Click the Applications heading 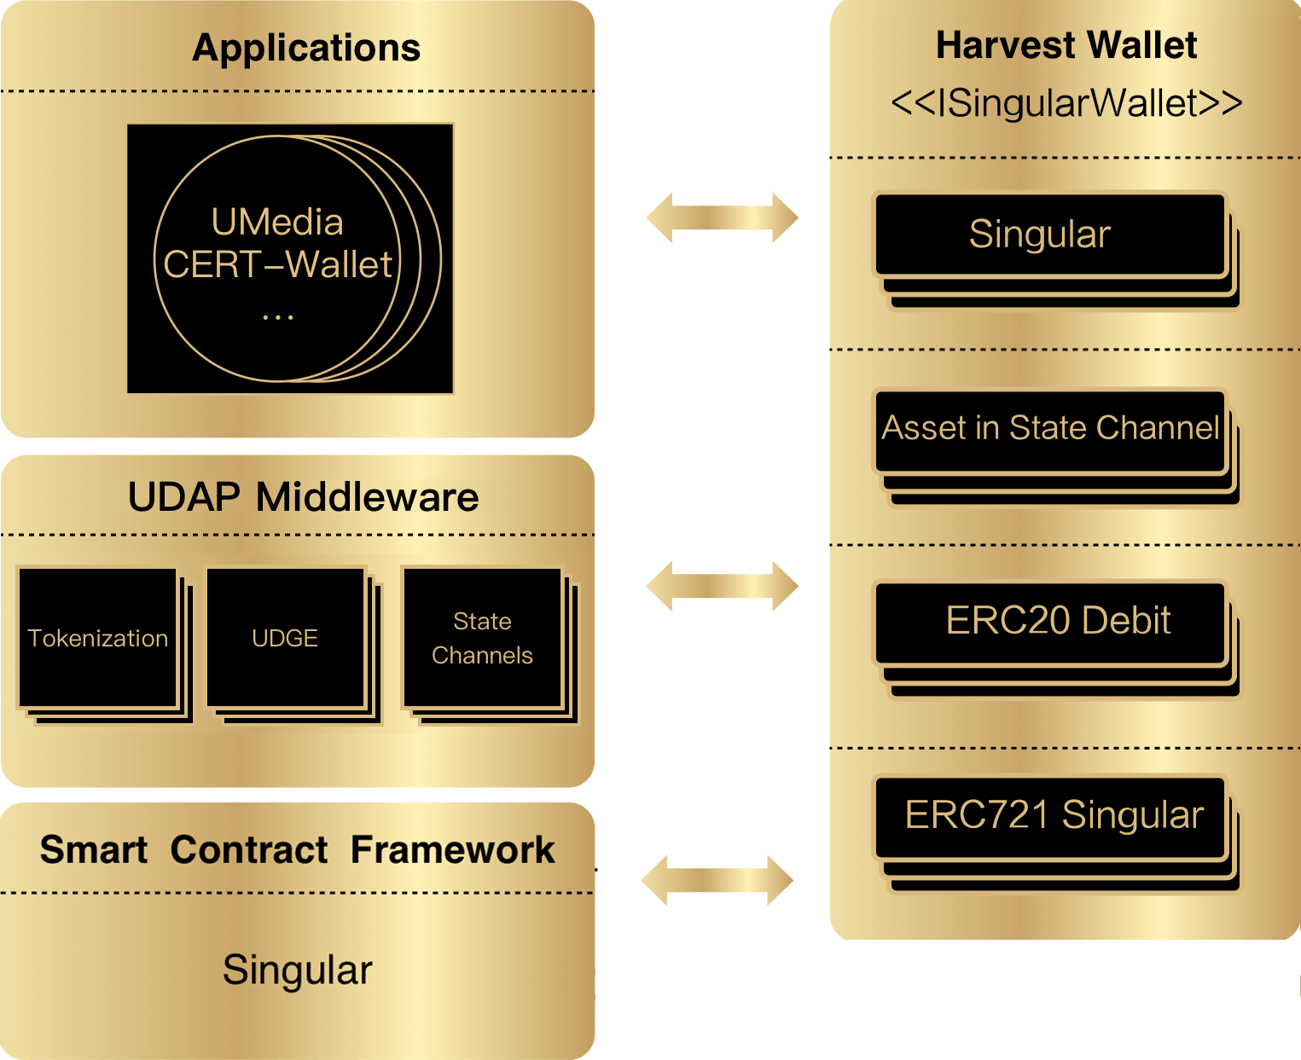click(x=306, y=49)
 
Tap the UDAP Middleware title click(x=303, y=497)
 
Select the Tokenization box click(x=98, y=638)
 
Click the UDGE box click(x=286, y=638)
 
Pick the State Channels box click(x=482, y=638)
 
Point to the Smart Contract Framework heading click(x=297, y=850)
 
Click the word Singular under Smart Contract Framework click(x=297, y=970)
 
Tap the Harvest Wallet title click(x=1066, y=46)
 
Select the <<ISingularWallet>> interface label click(x=1066, y=103)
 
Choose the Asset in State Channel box click(x=1050, y=428)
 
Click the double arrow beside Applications click(x=722, y=217)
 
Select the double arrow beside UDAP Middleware click(x=722, y=586)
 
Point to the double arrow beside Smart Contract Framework click(x=717, y=880)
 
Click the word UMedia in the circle click(x=277, y=223)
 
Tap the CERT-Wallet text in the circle click(x=277, y=265)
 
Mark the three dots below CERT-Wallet click(x=277, y=317)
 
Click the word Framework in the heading click(x=452, y=850)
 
